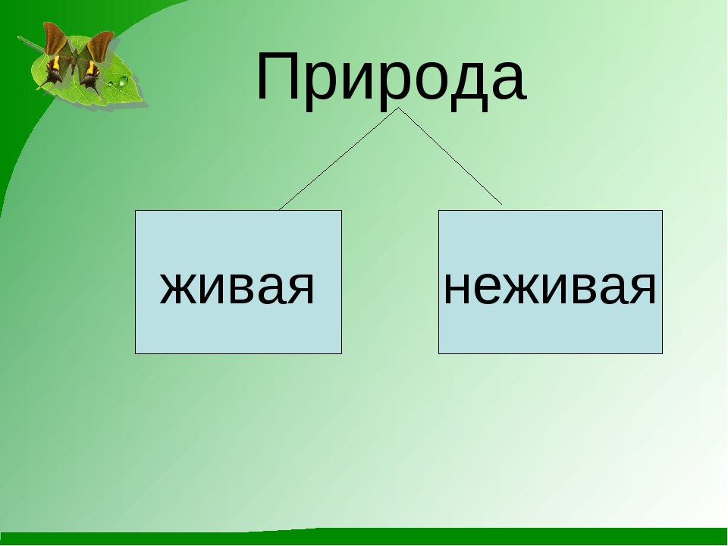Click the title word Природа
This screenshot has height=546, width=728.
click(x=391, y=79)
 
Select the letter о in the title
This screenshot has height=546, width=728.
click(x=403, y=82)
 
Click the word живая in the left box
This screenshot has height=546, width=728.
click(x=237, y=288)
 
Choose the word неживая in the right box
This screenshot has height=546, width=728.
click(x=551, y=288)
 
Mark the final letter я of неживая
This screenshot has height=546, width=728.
click(x=643, y=288)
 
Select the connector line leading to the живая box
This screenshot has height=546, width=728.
click(x=338, y=158)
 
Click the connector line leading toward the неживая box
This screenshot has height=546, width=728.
click(x=450, y=156)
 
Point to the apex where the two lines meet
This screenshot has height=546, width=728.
click(x=398, y=108)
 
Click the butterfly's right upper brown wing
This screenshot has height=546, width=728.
click(x=100, y=45)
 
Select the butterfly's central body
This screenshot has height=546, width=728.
click(x=74, y=61)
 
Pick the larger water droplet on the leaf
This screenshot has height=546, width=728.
click(x=123, y=81)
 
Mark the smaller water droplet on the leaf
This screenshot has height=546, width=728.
click(x=111, y=84)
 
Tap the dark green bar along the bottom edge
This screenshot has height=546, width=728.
click(x=364, y=537)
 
